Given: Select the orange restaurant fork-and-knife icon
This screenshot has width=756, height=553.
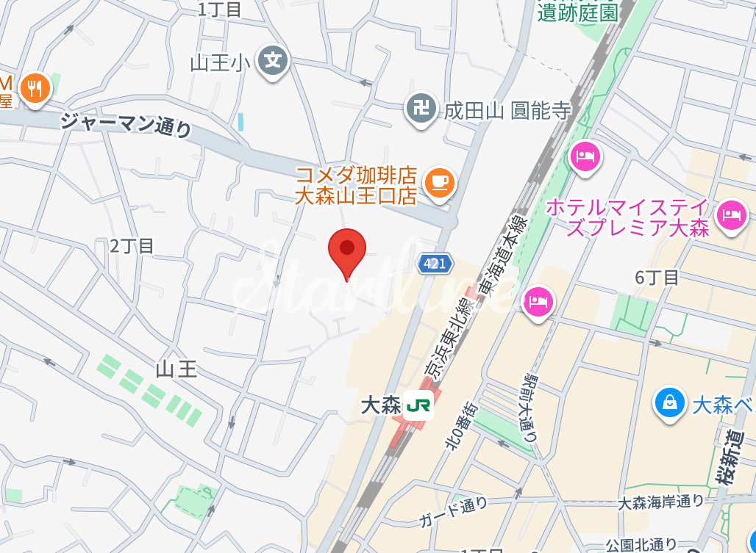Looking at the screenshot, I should click(34, 90).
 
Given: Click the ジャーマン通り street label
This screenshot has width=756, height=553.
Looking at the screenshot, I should click(126, 125).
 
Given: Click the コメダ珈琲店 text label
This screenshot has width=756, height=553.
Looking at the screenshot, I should click(357, 176).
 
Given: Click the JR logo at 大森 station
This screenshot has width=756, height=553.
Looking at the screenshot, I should click(418, 405).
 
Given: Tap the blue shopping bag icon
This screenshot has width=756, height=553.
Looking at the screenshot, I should click(669, 402).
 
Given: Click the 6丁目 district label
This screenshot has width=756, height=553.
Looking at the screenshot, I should click(657, 278).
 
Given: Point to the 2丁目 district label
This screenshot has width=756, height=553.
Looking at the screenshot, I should click(132, 246).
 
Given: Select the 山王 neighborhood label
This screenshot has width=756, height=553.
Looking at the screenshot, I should click(177, 368).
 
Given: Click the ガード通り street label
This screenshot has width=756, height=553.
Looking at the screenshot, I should click(453, 512).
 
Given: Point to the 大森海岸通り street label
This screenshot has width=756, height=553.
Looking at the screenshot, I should click(660, 502).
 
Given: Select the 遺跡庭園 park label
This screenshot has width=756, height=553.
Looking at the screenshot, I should click(578, 12).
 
